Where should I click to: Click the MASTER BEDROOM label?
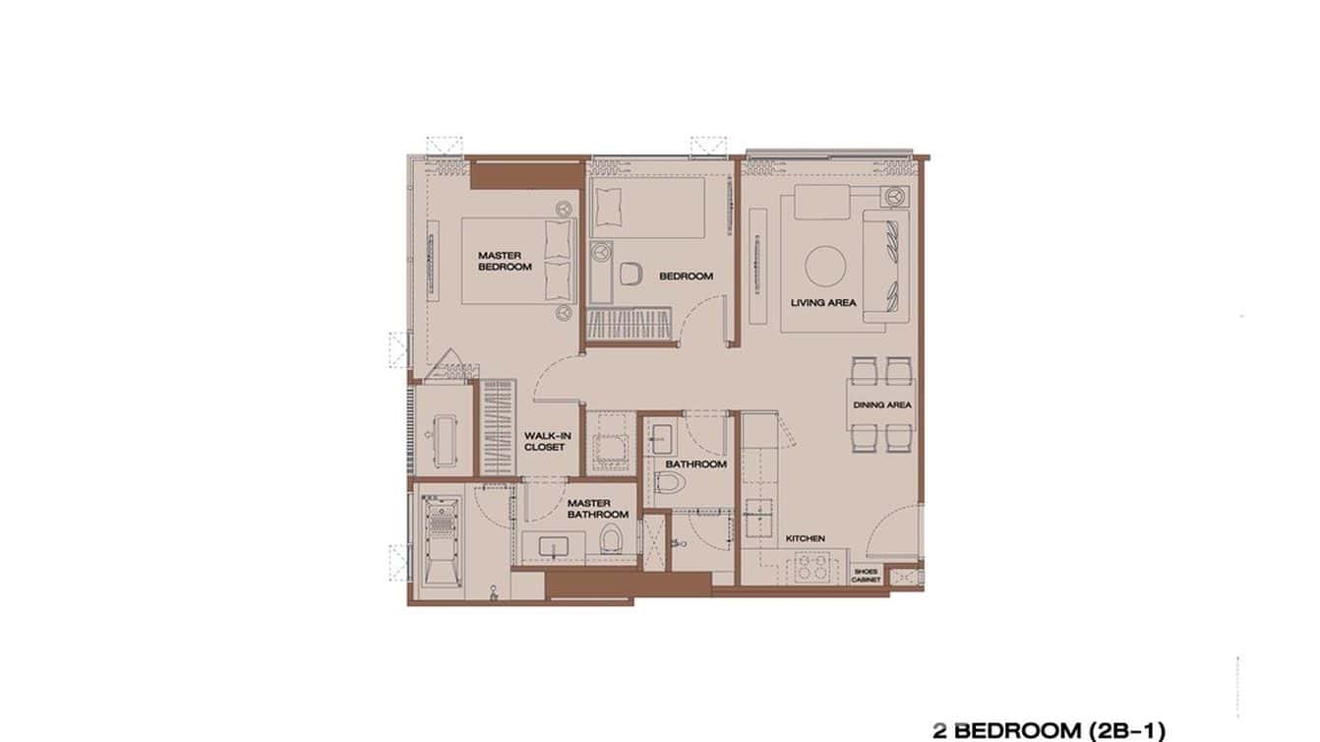coord(505,261)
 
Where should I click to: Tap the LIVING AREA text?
coord(822,302)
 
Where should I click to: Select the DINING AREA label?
coord(881,404)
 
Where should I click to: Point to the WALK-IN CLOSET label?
coord(544,441)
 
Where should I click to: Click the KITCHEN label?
coord(805,538)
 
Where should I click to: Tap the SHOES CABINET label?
coord(867,575)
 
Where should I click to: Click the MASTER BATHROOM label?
coord(597,509)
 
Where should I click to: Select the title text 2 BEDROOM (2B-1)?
coord(1049,730)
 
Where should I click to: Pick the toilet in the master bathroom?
coord(612,539)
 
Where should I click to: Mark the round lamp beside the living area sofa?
coord(894,196)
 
